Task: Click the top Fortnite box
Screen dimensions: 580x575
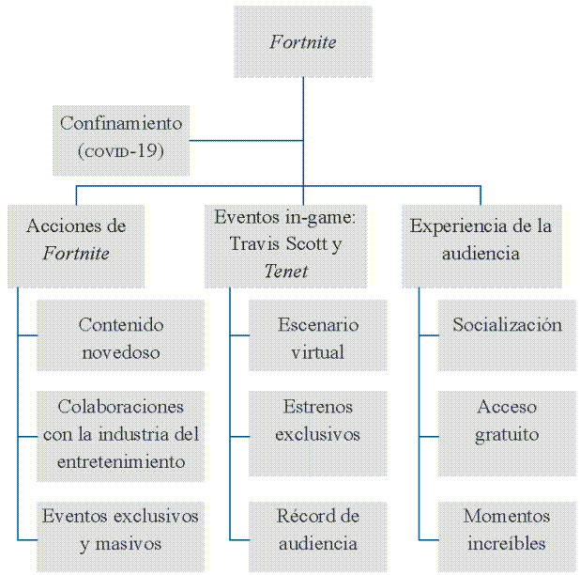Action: click(302, 42)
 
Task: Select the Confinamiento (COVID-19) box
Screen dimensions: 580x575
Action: click(121, 138)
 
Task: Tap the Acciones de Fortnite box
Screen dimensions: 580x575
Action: click(76, 241)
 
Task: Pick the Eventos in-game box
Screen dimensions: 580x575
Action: click(285, 244)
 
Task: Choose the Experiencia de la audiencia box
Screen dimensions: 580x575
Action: click(481, 241)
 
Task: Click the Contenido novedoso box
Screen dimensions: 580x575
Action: click(120, 339)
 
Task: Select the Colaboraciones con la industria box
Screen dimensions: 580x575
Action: click(120, 435)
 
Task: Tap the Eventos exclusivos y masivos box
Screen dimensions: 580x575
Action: click(120, 530)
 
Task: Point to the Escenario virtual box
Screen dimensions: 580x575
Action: click(317, 339)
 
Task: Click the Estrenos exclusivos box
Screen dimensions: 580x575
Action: click(317, 422)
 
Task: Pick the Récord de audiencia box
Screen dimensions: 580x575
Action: click(317, 530)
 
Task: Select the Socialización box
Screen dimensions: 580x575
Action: click(507, 326)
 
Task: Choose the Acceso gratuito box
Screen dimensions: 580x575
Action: click(507, 422)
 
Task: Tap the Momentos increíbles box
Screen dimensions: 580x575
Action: click(507, 530)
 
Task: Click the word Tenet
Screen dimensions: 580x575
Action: click(285, 272)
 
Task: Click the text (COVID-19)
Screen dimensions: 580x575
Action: click(121, 150)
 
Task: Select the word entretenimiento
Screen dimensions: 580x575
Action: click(120, 462)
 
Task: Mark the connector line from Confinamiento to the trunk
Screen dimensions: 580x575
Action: click(246, 141)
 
